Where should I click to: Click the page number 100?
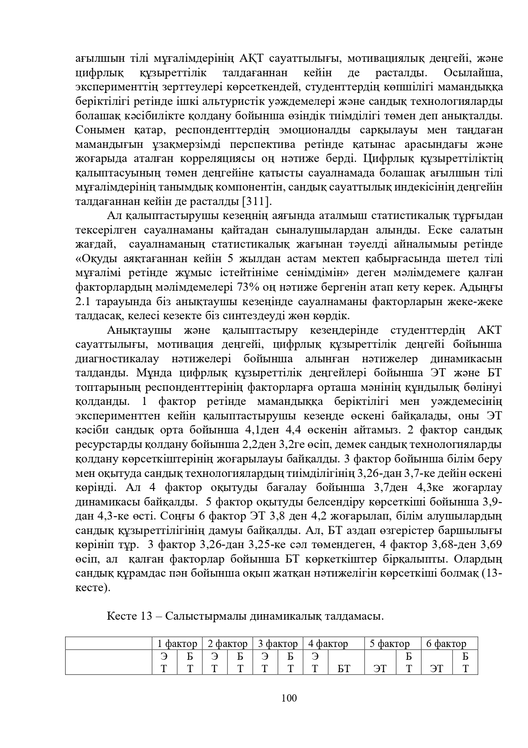(x=289, y=698)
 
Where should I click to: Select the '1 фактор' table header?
(x=177, y=644)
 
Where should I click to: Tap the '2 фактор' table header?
(x=227, y=644)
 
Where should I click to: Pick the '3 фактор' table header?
(x=278, y=644)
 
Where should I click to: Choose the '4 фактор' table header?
(x=328, y=644)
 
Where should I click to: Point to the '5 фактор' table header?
(x=389, y=644)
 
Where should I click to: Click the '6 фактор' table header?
(x=446, y=644)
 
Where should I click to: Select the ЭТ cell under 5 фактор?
(x=380, y=669)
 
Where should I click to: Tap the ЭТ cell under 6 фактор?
(x=436, y=669)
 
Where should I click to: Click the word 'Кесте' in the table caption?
(x=121, y=616)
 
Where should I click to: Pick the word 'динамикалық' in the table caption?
(x=286, y=616)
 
